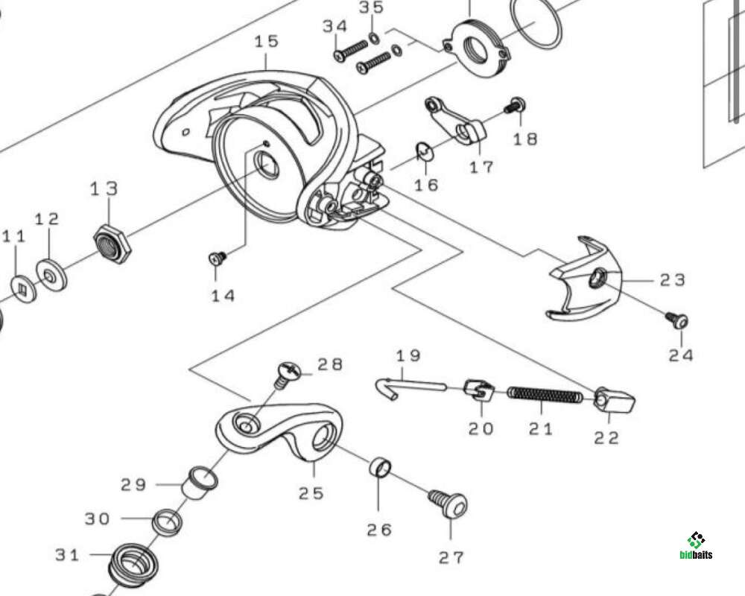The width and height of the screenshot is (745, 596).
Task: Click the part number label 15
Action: (266, 40)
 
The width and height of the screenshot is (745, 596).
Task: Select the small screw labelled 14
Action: (218, 258)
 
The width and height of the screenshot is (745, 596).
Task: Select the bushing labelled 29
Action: (200, 482)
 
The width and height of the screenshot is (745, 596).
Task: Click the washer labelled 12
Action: (51, 274)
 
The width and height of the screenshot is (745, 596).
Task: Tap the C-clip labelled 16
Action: (424, 150)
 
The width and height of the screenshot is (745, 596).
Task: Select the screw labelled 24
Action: (678, 320)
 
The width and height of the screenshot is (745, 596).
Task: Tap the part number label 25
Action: (312, 492)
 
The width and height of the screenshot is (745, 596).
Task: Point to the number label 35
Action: (371, 7)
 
